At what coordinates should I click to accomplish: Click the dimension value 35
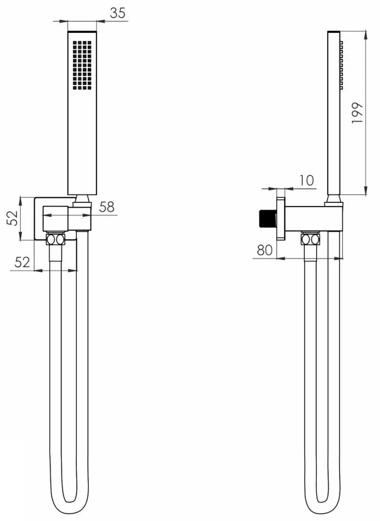[x=117, y=13]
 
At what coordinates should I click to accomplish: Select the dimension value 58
[x=107, y=207]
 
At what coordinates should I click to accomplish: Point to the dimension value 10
[x=308, y=180]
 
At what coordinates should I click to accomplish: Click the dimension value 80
[x=265, y=250]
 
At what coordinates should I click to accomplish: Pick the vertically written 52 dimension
[x=12, y=218]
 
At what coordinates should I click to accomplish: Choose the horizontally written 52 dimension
[x=22, y=262]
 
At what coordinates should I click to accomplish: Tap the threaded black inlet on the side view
[x=268, y=220]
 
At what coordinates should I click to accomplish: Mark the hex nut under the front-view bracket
[x=55, y=239]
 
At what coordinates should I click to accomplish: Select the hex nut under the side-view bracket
[x=310, y=239]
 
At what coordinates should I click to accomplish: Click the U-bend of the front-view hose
[x=69, y=501]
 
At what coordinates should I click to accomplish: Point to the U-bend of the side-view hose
[x=322, y=501]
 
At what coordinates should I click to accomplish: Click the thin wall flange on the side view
[x=281, y=219]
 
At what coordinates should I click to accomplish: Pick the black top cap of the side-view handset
[x=334, y=32]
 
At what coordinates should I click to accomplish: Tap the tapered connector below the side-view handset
[x=334, y=199]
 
